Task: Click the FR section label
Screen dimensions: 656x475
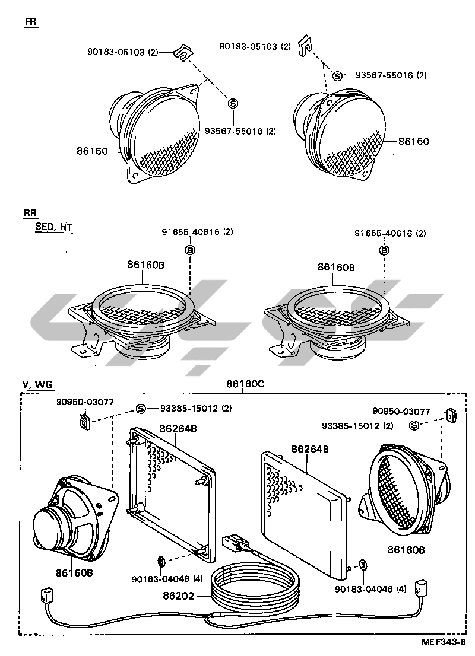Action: pyautogui.click(x=30, y=22)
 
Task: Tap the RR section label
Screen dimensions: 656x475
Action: pyautogui.click(x=30, y=213)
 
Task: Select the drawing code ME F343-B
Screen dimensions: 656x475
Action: pyautogui.click(x=444, y=642)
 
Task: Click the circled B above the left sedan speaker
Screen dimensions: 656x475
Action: pyautogui.click(x=191, y=250)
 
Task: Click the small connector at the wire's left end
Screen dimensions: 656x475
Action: pyautogui.click(x=46, y=595)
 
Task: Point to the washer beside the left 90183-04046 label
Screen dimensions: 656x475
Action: pyautogui.click(x=160, y=561)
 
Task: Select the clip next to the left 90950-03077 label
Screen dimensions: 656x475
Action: pyautogui.click(x=84, y=422)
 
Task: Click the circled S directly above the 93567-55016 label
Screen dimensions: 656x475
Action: pyautogui.click(x=233, y=104)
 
